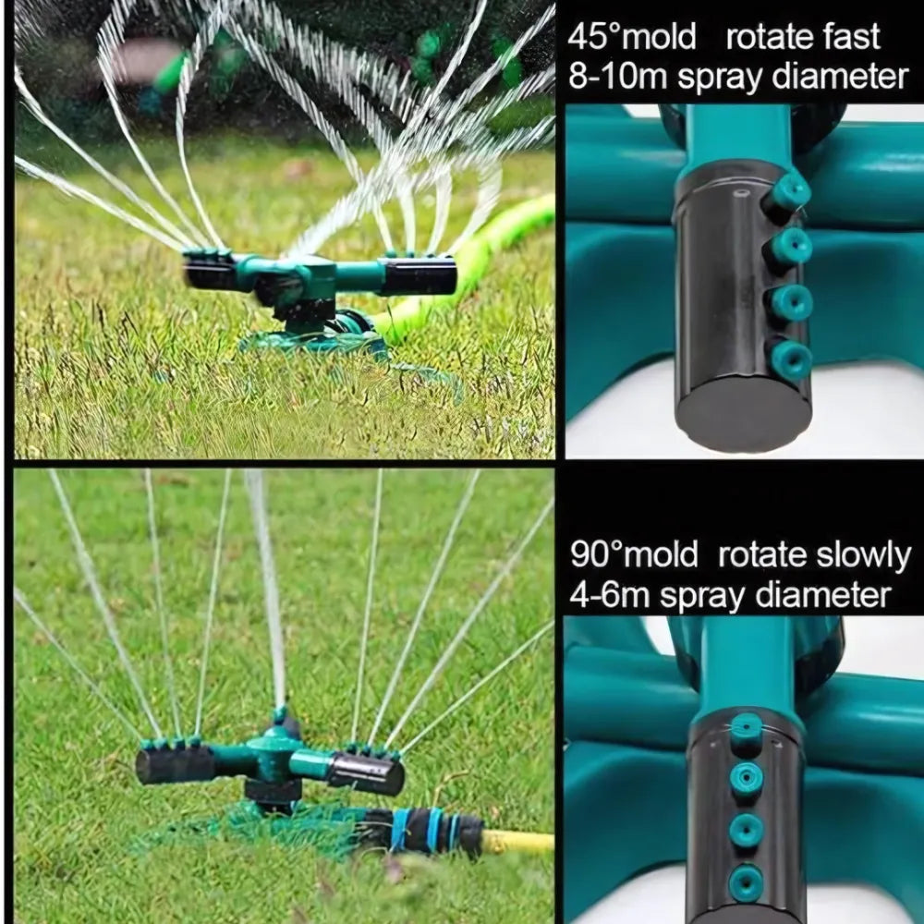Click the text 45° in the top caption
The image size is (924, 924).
point(594,37)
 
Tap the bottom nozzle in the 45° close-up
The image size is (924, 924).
point(790,359)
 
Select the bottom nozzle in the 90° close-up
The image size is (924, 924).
point(746,883)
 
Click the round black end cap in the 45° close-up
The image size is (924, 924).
point(743,412)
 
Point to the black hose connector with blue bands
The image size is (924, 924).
point(421,831)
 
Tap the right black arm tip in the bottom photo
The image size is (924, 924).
point(368,772)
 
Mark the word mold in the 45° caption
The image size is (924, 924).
point(659,37)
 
